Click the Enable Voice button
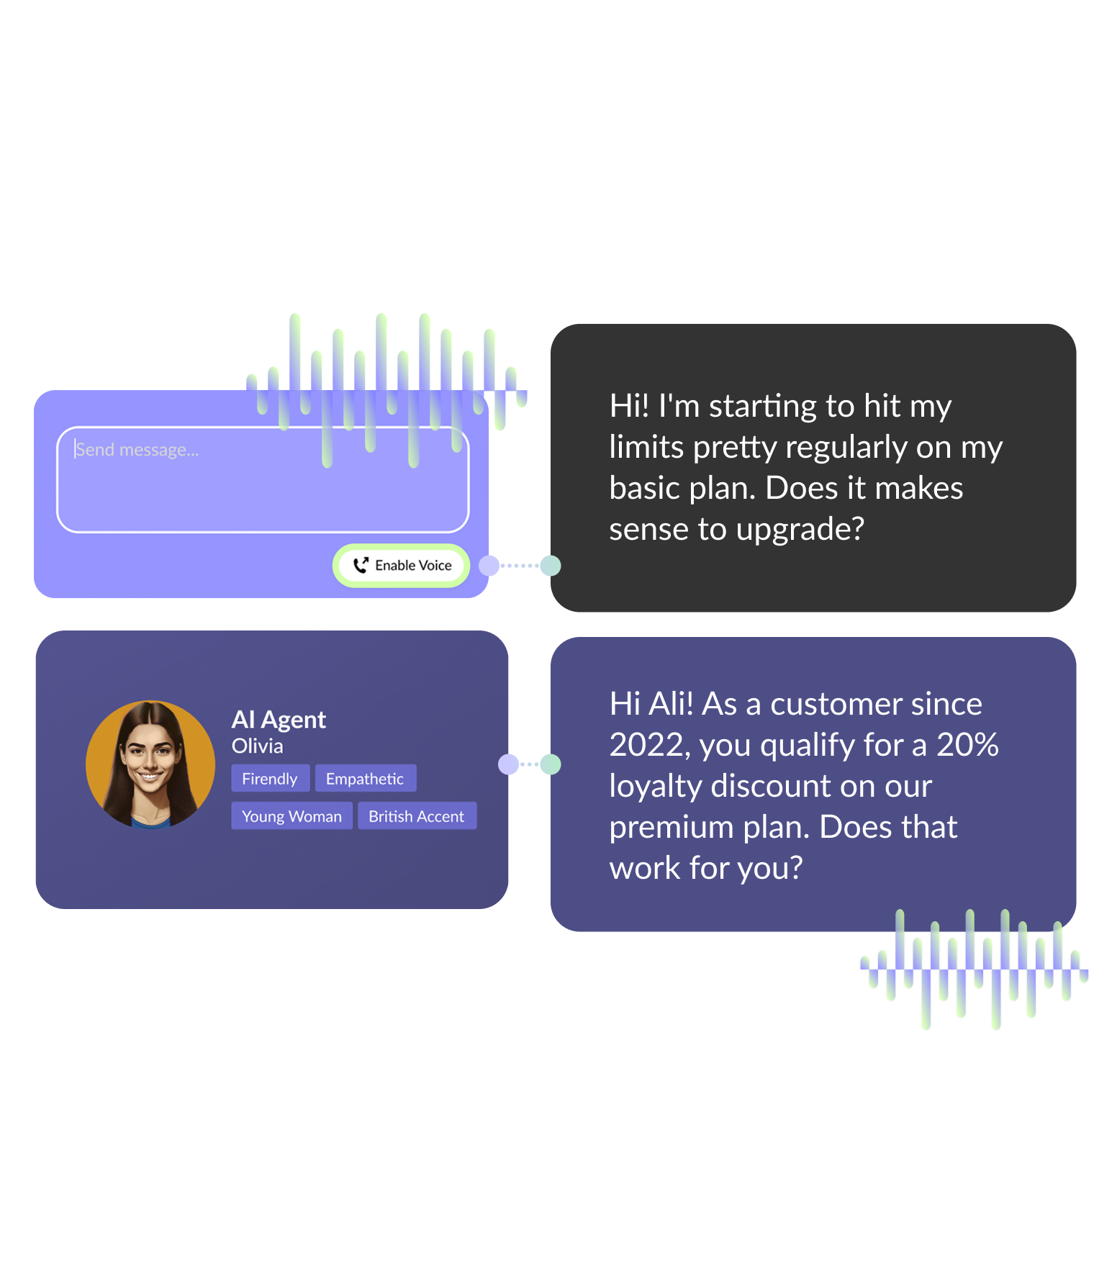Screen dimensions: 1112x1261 pos(402,566)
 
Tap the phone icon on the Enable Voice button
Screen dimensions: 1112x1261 pos(361,566)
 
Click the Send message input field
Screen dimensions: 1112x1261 pos(263,479)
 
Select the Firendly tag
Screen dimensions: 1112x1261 pos(270,779)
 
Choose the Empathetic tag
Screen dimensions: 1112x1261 pos(365,779)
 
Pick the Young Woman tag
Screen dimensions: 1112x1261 pos(291,816)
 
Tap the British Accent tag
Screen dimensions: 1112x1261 pos(417,816)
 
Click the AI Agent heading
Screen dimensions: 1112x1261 pos(279,720)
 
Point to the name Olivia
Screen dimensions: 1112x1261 pos(257,746)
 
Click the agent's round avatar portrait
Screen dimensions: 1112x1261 pos(150,764)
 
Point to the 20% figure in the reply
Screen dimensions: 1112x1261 pos(967,745)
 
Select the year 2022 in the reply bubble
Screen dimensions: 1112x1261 pos(646,746)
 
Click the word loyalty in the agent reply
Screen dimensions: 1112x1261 pos(655,787)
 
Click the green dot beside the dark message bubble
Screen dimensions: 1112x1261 pos(551,566)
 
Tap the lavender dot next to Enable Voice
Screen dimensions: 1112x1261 pos(489,566)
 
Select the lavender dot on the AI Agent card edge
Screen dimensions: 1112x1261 pos(509,764)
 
